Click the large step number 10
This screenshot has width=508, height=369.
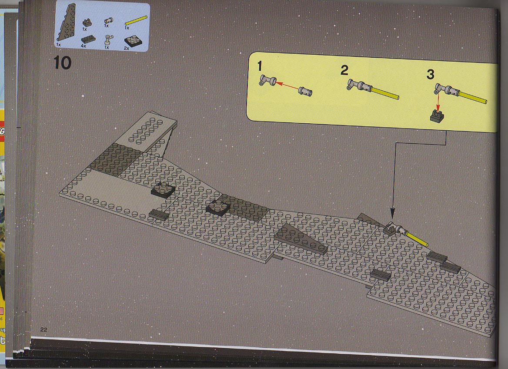coord(63,63)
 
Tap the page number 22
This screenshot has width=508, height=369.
coord(44,329)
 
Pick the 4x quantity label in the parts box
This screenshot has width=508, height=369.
coord(83,46)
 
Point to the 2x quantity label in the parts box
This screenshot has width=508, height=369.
coord(127,48)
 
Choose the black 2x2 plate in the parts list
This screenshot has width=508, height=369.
coord(133,41)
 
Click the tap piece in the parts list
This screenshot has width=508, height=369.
coord(108,40)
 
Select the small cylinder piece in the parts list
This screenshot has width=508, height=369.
coord(108,21)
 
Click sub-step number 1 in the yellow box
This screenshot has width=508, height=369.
coord(260,66)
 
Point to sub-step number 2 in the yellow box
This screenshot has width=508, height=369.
coord(344,70)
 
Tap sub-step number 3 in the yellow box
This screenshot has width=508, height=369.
coord(430,75)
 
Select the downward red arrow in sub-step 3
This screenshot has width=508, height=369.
coord(438,102)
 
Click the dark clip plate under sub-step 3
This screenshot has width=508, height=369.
coord(438,116)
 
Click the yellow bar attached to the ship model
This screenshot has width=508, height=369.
coord(418,240)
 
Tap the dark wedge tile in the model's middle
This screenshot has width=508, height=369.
coord(301,238)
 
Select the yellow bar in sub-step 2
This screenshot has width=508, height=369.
coord(385,92)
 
